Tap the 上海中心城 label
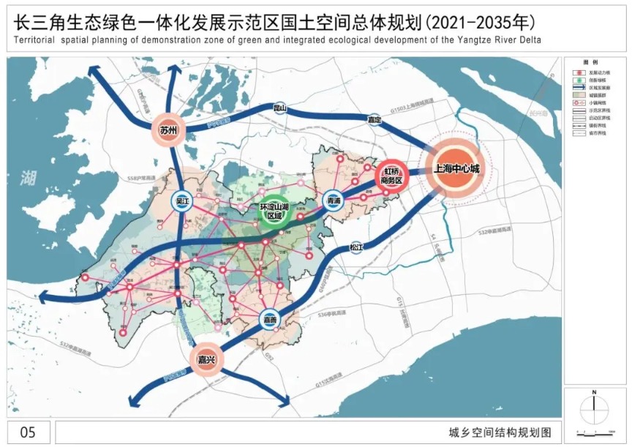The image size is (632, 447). [456, 168]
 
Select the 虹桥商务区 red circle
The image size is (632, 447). [390, 176]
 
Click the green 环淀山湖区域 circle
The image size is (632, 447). [271, 212]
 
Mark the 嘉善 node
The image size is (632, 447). [271, 319]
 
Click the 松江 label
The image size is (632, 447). [356, 247]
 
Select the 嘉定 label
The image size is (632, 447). [375, 119]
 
